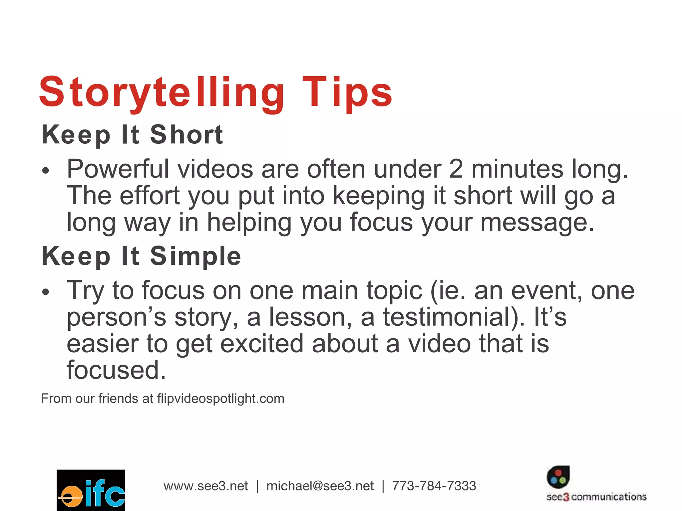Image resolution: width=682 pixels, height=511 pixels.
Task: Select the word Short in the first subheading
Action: tap(186, 135)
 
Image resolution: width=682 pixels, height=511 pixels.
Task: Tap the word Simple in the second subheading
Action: tap(195, 256)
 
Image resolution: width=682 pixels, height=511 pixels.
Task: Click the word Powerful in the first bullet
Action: tap(118, 169)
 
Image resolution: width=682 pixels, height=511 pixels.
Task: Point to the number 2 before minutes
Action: tap(456, 169)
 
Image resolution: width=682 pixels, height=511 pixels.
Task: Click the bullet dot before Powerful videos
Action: tap(46, 171)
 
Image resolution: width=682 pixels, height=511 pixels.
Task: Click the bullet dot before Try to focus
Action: tap(46, 292)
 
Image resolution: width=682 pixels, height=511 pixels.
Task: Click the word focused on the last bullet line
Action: tap(116, 370)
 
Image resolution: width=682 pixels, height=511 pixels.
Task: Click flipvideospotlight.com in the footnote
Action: tap(221, 399)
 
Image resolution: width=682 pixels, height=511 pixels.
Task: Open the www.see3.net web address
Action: tap(206, 486)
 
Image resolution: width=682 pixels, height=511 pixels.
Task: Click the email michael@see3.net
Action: tap(320, 486)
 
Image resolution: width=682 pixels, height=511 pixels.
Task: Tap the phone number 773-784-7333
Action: tap(434, 486)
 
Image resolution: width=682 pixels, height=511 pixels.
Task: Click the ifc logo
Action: tap(91, 490)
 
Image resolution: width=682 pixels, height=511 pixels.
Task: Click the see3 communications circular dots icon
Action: tap(558, 477)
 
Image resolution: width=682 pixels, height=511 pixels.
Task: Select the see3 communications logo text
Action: tap(596, 497)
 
